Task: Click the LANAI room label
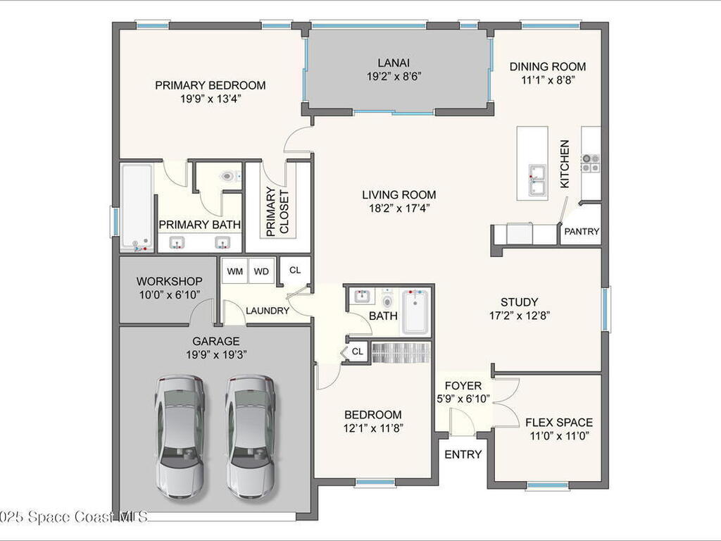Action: tap(394, 63)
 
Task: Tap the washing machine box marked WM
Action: tap(235, 271)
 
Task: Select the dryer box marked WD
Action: tap(261, 271)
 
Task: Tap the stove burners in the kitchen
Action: tap(591, 163)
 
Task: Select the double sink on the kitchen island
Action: tap(537, 179)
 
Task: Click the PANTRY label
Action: tap(582, 231)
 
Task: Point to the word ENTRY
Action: tap(463, 454)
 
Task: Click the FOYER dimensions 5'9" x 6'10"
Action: tap(463, 399)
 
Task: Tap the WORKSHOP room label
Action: tap(169, 281)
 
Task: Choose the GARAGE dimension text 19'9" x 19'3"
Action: tap(217, 355)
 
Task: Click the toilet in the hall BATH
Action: tap(388, 300)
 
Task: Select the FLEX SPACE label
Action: tap(559, 423)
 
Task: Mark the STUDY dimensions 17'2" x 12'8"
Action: tap(520, 316)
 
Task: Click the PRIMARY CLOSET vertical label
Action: tap(277, 211)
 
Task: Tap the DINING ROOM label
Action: tap(548, 67)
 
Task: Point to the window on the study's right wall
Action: tap(606, 309)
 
